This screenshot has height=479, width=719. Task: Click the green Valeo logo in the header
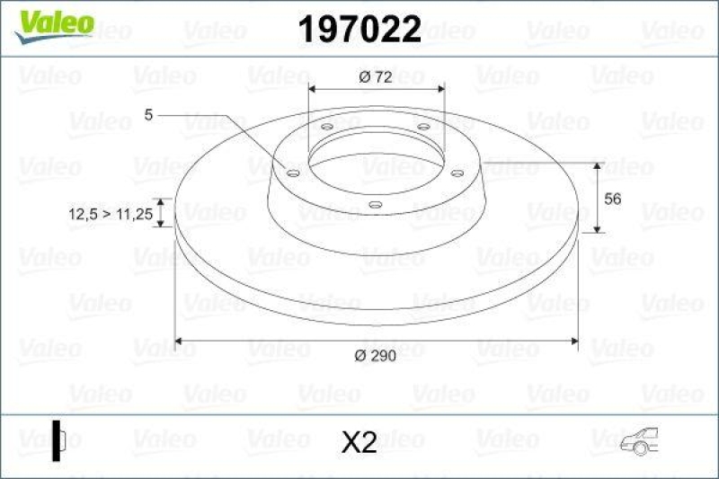point(52,22)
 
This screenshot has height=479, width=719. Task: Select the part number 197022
point(359,31)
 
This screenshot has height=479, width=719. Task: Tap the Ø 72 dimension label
point(376,77)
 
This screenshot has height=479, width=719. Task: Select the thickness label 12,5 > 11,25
point(108,214)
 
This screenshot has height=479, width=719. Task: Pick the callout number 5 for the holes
point(149,114)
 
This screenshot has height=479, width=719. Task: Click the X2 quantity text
point(359,442)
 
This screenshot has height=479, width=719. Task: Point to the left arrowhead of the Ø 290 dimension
point(178,341)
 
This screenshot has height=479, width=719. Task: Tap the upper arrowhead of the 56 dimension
point(599,166)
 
